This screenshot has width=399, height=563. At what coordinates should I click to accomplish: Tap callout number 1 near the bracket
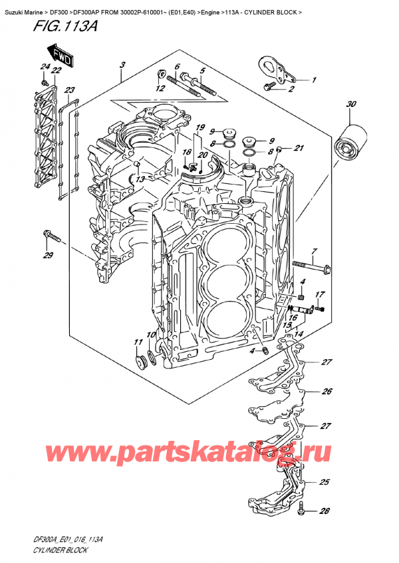pyautogui.click(x=315, y=80)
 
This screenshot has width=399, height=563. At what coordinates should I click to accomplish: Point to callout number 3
pyautogui.click(x=122, y=64)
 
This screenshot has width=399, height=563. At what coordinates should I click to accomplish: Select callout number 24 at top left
pyautogui.click(x=44, y=66)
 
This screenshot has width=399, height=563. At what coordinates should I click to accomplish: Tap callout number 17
pyautogui.click(x=319, y=294)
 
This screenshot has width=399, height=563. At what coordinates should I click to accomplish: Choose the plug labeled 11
pyautogui.click(x=140, y=361)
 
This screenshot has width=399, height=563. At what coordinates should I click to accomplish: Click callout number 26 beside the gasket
pyautogui.click(x=327, y=391)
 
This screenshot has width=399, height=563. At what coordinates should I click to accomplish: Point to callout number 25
pyautogui.click(x=324, y=483)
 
